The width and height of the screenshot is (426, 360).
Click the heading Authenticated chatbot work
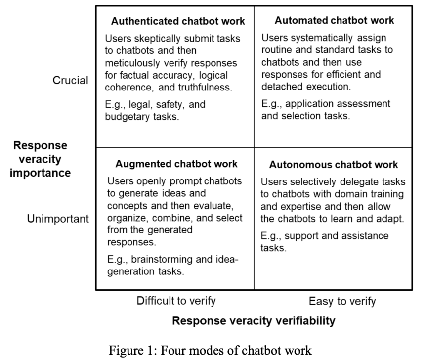tap(178, 21)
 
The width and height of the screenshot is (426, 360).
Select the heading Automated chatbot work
tap(335, 21)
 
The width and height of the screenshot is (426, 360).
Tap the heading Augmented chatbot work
tap(176, 164)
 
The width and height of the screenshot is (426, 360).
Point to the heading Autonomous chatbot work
tap(334, 165)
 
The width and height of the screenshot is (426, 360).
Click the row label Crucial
tap(70, 81)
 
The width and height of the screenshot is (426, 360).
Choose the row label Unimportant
tap(58, 219)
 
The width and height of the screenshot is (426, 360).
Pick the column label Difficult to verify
tap(176, 301)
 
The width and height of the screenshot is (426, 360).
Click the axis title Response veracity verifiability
tap(254, 321)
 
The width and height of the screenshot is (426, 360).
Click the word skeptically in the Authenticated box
tap(155, 38)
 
